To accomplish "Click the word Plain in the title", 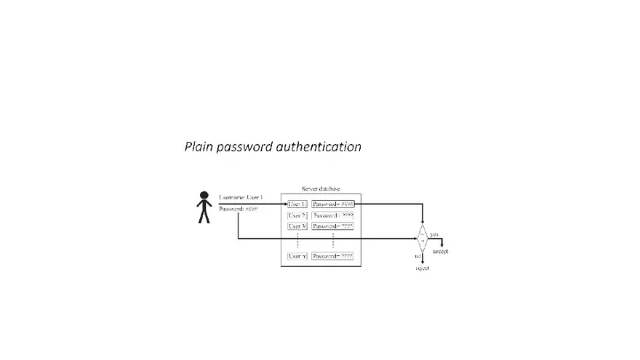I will point(199,147).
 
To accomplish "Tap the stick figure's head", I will point(204,196).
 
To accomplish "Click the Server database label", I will point(321,188).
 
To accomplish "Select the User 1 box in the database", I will point(297,204).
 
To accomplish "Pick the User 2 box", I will point(297,215).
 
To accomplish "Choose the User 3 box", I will point(297,226).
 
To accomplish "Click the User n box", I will point(297,256).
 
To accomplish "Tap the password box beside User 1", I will point(332,204).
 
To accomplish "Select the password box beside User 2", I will point(332,215).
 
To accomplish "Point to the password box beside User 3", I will point(332,226).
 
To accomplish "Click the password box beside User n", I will point(332,256).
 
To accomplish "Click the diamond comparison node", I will point(422,238).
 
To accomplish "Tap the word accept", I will point(440,251).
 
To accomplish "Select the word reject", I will point(422,268).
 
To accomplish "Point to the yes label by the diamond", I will point(434,234).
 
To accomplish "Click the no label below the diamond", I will point(417,257).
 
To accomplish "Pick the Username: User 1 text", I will point(241,198).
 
